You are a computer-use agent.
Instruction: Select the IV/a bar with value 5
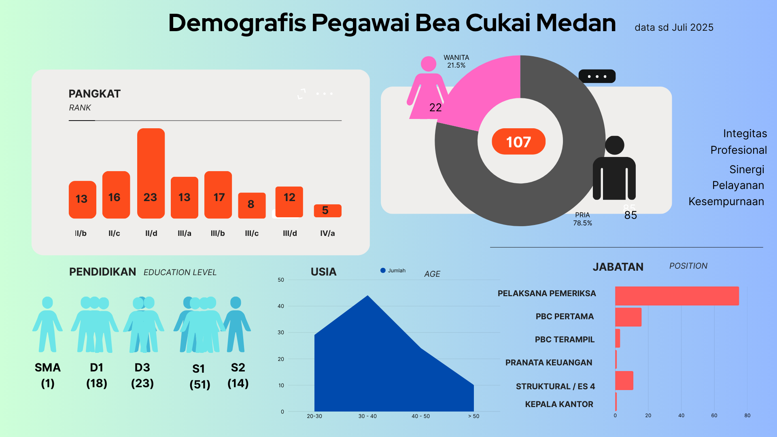coord(327,211)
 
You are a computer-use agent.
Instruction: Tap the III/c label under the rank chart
coord(252,233)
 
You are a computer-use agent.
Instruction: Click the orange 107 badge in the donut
coord(518,142)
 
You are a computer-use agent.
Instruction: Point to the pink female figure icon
coord(427,87)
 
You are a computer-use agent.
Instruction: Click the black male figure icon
coord(614,168)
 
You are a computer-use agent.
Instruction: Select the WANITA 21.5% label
coord(456,62)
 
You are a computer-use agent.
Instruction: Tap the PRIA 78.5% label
coord(582,219)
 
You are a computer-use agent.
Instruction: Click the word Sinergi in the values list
coord(747,170)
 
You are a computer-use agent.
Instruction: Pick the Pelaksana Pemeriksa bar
coord(677,296)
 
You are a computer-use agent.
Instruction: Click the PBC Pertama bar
coord(628,317)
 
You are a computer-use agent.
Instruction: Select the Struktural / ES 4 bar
coord(624,380)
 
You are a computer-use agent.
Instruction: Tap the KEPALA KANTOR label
coord(559,404)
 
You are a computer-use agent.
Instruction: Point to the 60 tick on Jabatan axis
coord(714,416)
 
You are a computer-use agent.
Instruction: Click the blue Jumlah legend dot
coord(383,271)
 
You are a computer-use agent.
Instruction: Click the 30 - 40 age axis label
coord(367,416)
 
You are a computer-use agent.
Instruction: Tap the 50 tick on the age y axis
coord(281,280)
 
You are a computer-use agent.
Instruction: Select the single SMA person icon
coord(47,324)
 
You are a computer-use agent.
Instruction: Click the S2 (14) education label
coord(238,375)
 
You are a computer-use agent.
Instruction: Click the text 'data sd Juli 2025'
coord(674,28)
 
